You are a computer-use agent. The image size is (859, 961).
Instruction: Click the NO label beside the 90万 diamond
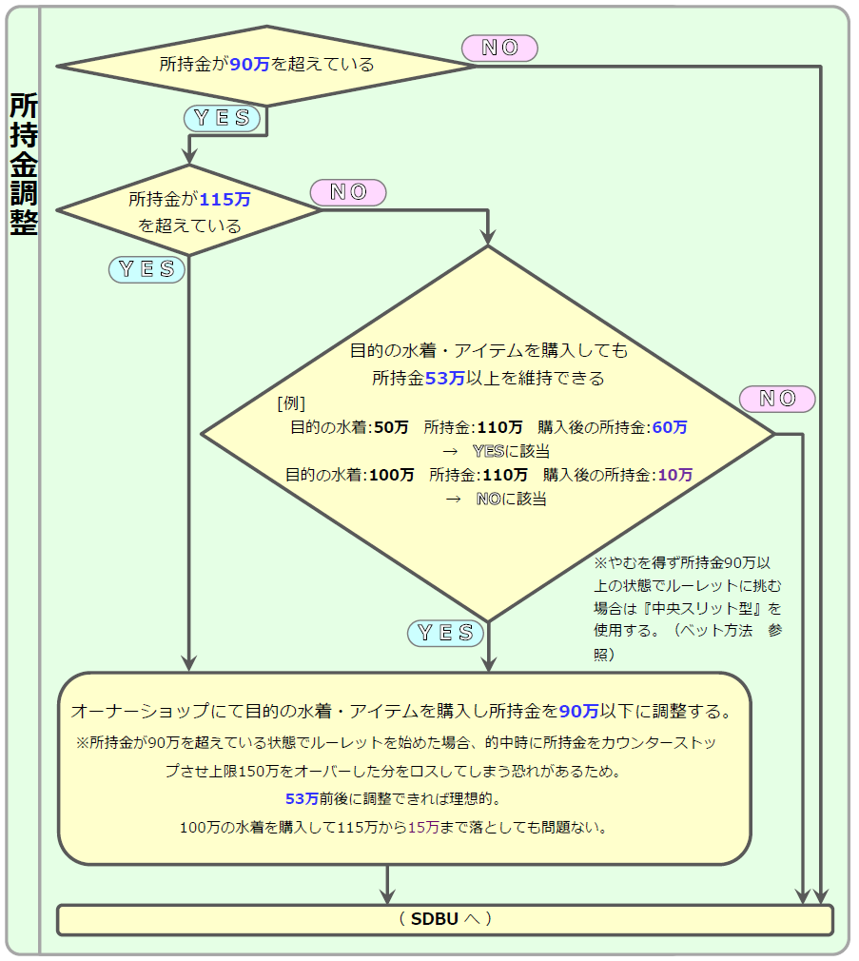click(x=499, y=48)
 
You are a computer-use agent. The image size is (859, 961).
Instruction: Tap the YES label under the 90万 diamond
click(x=222, y=118)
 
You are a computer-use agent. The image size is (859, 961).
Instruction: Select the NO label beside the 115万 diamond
click(x=348, y=192)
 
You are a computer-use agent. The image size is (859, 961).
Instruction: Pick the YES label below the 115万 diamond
click(x=146, y=269)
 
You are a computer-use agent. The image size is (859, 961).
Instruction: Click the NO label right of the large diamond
click(x=777, y=399)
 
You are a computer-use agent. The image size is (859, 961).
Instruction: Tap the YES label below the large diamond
click(x=445, y=633)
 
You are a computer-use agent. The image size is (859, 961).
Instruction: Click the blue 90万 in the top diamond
click(x=249, y=65)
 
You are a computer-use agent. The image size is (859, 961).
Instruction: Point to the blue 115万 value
click(x=225, y=199)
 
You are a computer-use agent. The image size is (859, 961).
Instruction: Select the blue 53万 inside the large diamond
click(x=445, y=378)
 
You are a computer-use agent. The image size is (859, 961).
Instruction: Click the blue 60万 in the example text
click(x=670, y=427)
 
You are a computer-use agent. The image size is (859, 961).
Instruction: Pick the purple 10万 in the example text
click(x=675, y=475)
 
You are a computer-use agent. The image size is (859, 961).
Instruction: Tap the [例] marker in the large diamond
click(x=291, y=403)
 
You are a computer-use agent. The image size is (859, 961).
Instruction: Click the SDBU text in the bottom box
click(x=435, y=919)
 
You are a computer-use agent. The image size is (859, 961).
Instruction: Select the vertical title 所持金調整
click(x=24, y=165)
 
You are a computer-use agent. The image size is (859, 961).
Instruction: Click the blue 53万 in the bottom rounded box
click(x=303, y=798)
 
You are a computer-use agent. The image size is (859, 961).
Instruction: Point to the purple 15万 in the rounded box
click(x=423, y=828)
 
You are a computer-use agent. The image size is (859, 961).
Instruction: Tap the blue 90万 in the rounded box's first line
click(x=579, y=711)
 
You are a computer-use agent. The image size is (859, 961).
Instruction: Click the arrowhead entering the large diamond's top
click(x=488, y=237)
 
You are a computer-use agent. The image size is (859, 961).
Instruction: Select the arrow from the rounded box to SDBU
click(x=387, y=884)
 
